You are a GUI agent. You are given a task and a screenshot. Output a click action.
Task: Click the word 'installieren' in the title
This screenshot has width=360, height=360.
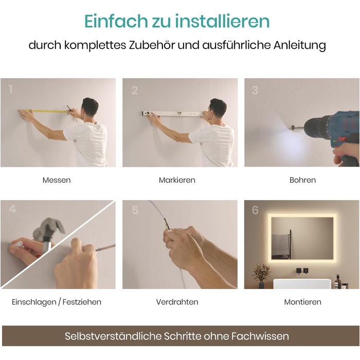(222, 21)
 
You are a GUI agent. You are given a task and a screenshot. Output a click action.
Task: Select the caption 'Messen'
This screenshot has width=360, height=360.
(57, 180)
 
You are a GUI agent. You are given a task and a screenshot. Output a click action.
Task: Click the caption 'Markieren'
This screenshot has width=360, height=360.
(177, 180)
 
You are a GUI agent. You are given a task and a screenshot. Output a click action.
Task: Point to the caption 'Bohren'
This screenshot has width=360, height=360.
(302, 180)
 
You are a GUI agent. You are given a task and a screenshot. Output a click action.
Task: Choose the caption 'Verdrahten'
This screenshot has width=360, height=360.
(177, 302)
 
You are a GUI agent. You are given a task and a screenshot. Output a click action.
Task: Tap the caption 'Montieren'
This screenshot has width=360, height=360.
(302, 302)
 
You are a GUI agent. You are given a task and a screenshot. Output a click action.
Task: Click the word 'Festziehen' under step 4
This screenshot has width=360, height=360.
(82, 302)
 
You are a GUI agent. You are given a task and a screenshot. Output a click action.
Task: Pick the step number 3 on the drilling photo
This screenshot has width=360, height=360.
(255, 90)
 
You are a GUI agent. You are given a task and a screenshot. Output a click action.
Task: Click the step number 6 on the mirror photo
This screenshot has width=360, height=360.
(255, 210)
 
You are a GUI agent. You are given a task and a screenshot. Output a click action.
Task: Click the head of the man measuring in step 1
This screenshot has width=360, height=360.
(90, 108)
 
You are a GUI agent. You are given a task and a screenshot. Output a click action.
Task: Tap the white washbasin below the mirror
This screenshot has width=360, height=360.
(302, 284)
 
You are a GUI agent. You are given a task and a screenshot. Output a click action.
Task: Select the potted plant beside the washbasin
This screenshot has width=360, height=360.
(261, 276)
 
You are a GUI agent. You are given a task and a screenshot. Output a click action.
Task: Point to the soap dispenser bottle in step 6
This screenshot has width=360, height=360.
(337, 281)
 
